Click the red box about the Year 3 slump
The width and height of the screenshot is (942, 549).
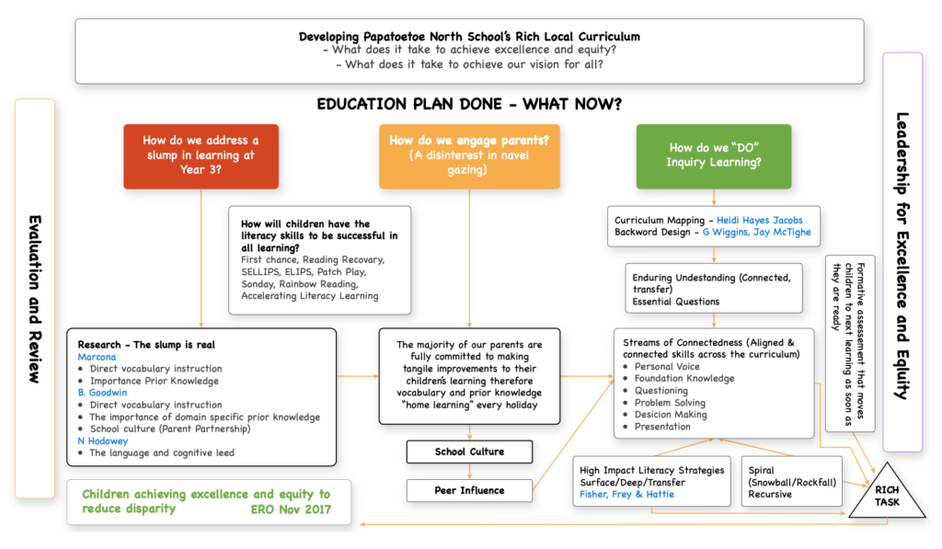point(201,155)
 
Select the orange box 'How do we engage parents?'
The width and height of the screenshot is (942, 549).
point(468,155)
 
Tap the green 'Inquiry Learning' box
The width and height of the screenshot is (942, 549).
point(713,155)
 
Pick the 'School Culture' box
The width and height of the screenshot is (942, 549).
point(469,452)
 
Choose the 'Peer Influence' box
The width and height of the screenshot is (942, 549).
point(469,490)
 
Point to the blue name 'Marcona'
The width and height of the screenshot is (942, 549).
point(97,356)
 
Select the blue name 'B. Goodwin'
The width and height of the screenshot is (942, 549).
point(103,392)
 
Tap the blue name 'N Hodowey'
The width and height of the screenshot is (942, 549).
point(104,440)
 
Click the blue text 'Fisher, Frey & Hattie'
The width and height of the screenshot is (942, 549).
point(626,494)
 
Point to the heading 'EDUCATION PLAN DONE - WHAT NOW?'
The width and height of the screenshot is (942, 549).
point(468,103)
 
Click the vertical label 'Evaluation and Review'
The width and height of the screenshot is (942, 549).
point(35,299)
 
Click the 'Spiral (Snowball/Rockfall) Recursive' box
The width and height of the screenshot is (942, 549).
point(791,482)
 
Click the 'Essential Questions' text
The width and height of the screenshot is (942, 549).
point(677,301)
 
